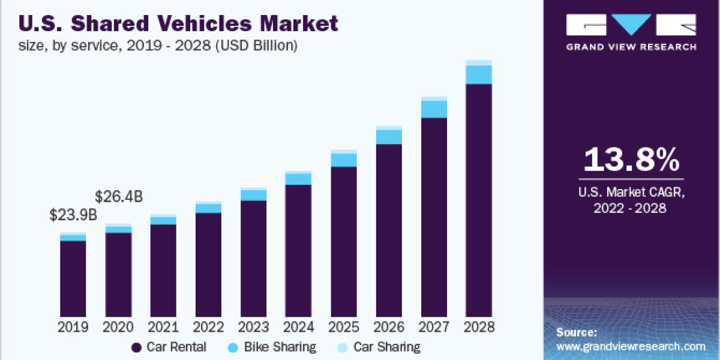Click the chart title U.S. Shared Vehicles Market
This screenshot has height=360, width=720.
point(179,24)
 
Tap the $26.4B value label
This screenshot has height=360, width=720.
point(119,196)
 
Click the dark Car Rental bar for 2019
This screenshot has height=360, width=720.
point(73,279)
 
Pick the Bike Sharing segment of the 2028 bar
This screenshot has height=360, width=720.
point(479,74)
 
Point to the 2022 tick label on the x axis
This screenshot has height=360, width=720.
point(208,328)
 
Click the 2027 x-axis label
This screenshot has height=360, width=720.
point(434,328)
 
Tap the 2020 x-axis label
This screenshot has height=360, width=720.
point(118,328)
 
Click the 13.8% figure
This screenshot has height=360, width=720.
point(631,160)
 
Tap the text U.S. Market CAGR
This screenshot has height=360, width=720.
point(631,193)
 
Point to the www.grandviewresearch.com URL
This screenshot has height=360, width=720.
point(631,346)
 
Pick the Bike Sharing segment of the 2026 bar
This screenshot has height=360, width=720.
point(389,137)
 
